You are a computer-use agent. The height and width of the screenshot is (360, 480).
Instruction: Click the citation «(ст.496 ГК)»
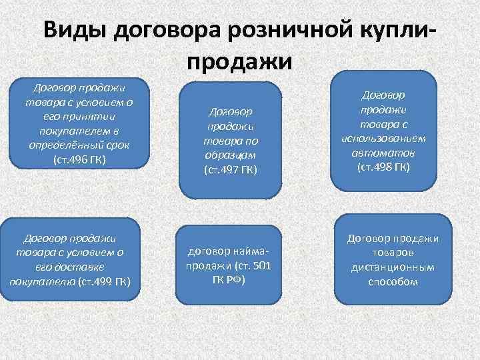pos(78,160)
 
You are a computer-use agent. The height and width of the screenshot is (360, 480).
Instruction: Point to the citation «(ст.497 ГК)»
pos(231,170)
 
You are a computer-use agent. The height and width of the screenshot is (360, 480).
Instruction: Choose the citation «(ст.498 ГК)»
pos(383,166)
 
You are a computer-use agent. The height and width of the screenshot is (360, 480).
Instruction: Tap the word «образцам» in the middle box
pos(231,155)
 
